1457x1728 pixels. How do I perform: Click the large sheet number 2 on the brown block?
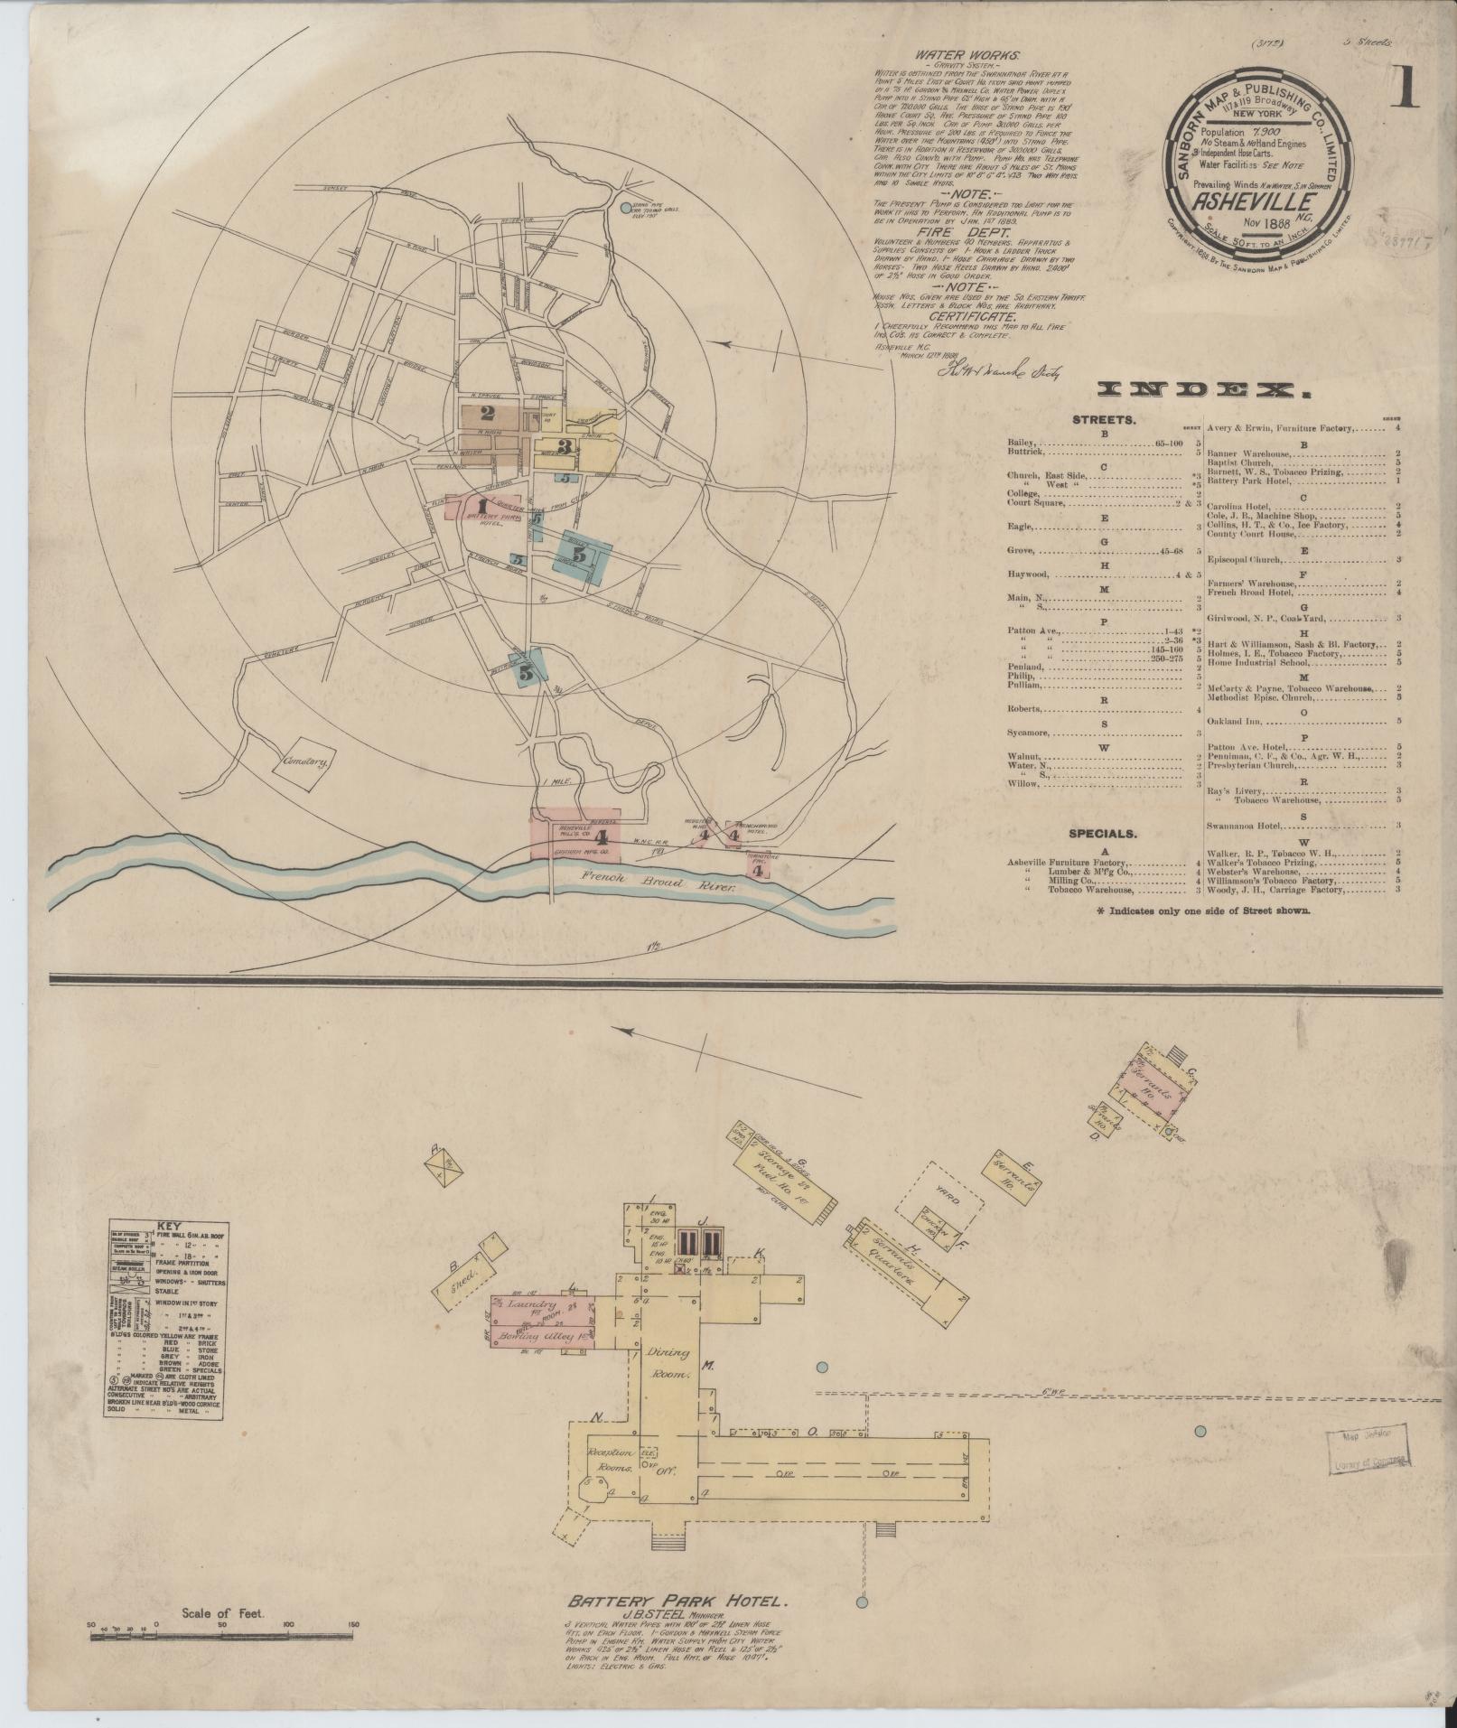point(488,415)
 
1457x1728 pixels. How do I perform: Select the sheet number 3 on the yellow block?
point(565,446)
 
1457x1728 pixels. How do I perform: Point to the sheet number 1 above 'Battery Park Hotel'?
point(482,506)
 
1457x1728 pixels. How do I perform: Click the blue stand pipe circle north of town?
point(627,208)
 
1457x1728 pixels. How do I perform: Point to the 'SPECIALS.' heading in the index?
point(1103,834)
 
